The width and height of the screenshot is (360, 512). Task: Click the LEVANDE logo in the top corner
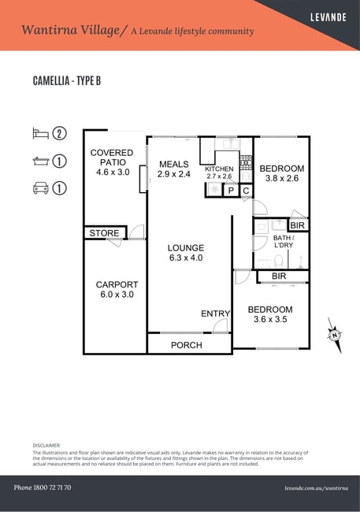pos(328,17)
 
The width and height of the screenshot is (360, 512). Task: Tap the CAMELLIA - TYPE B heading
pos(67,80)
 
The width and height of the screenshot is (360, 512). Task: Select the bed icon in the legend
pos(40,133)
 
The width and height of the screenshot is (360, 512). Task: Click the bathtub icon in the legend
pos(41,161)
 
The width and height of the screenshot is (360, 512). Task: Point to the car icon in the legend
pos(41,188)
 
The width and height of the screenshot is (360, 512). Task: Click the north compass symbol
pos(335,335)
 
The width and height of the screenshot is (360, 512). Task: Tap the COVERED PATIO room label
pos(112,158)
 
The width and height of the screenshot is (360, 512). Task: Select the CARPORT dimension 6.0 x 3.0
pos(117,295)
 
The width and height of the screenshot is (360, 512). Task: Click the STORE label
pos(104,233)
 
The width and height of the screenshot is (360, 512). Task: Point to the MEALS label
pos(174,164)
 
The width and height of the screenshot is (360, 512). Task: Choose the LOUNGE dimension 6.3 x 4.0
pos(186,258)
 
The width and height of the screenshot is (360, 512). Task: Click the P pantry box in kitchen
pos(232,191)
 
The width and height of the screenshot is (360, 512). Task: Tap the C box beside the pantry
pos(247,191)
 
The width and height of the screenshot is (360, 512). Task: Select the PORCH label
pos(187,345)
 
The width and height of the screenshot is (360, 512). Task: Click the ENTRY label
pos(215,314)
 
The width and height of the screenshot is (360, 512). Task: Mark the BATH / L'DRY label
pos(284,241)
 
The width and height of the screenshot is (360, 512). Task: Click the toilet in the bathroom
pos(279,262)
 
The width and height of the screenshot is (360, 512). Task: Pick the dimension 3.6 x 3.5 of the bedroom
pos(270,319)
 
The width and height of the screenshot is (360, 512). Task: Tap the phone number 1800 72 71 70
pos(52,488)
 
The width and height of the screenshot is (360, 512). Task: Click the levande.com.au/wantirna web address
pos(316,488)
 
